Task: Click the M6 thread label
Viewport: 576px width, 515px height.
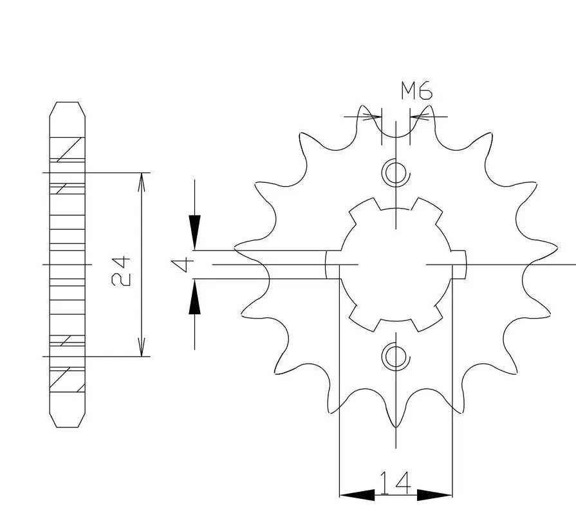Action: [416, 91]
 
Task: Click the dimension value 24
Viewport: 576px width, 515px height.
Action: [121, 271]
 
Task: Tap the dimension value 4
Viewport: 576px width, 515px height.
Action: [182, 265]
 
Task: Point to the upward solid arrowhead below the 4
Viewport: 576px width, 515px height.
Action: [195, 297]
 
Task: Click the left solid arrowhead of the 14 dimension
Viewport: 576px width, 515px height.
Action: [357, 495]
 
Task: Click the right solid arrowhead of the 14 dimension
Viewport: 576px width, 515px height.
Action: [434, 495]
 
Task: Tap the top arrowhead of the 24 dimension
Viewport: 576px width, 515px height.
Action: [142, 182]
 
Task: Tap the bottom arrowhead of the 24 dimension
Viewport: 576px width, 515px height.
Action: [142, 347]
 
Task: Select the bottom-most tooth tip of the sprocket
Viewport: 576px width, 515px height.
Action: [396, 427]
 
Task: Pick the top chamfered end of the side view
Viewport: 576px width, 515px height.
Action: [68, 109]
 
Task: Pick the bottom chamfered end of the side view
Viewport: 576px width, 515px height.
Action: [68, 420]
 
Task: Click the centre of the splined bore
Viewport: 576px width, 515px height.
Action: [396, 265]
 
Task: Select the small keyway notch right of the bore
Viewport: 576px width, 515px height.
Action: [458, 265]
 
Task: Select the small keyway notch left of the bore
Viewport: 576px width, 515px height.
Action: [333, 265]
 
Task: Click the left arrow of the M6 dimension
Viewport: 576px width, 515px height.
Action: [372, 117]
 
